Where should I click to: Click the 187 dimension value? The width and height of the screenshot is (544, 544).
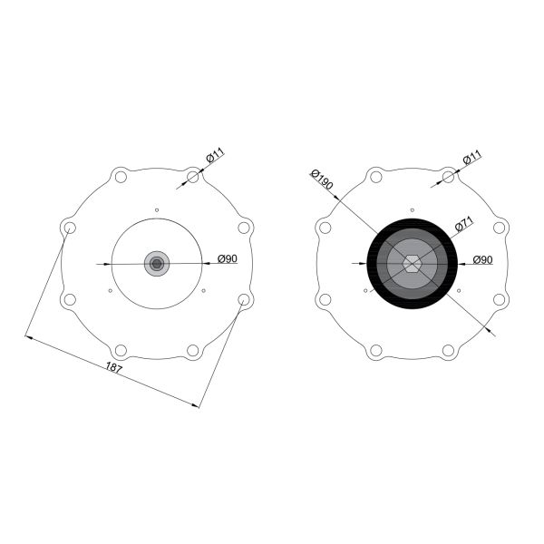click(x=114, y=367)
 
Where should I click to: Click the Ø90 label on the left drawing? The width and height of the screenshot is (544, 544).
click(x=228, y=258)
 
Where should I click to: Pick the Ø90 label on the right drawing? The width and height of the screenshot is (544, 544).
click(x=482, y=260)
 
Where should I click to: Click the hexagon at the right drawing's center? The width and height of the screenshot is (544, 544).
click(x=412, y=264)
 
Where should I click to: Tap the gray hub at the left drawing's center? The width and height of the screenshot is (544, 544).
click(x=157, y=264)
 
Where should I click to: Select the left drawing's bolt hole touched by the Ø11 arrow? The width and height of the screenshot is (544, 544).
click(x=193, y=177)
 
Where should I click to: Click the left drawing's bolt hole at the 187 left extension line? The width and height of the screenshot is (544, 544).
click(x=69, y=228)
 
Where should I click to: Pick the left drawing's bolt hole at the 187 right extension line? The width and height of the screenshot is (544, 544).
click(x=244, y=298)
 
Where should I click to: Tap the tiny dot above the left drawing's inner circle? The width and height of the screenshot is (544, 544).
click(x=157, y=210)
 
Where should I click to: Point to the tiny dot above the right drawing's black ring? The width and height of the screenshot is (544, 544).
click(x=412, y=210)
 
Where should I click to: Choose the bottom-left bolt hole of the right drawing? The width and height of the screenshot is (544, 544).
click(x=375, y=350)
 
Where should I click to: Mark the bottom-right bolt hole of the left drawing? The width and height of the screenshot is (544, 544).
click(x=193, y=350)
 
